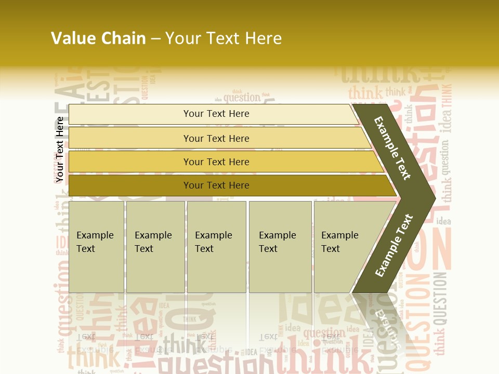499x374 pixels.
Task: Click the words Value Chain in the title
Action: point(98,38)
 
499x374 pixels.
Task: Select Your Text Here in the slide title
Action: point(224,38)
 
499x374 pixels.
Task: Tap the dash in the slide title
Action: point(155,39)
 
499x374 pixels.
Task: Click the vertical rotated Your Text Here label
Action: point(60,150)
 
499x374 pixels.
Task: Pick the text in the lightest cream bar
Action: point(216,114)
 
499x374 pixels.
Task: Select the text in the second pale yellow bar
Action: point(216,139)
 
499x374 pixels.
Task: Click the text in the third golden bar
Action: point(216,162)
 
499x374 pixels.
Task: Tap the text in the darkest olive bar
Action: point(216,185)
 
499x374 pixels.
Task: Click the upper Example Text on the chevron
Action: point(392,148)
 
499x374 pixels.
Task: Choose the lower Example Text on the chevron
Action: point(394,246)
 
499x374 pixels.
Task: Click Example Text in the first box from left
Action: point(95,242)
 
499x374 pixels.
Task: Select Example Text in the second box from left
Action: point(153,242)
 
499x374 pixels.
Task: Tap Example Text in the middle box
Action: point(213,242)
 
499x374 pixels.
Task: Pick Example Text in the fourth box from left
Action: point(277,242)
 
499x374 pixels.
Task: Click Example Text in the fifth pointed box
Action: point(339,242)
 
